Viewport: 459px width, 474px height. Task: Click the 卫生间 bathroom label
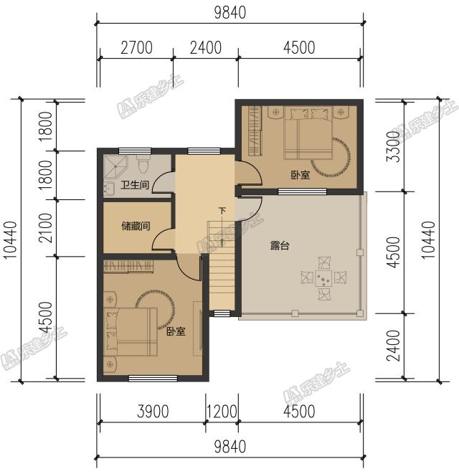coord(135,184)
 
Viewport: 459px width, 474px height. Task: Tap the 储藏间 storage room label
coord(136,226)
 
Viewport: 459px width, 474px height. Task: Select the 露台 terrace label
coord(280,245)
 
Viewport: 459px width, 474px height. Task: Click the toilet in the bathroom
coord(143,164)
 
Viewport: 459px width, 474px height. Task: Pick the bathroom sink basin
coord(109,189)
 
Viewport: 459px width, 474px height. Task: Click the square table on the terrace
coord(323,278)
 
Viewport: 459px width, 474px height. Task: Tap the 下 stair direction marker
coord(222,210)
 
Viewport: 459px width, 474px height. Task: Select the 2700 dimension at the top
coord(136,48)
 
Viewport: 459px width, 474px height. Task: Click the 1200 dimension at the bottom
coord(222,412)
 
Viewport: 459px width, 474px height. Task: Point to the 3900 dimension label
coord(153,412)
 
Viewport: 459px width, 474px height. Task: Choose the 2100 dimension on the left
coord(46,228)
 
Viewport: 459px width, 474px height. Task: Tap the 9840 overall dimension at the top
coord(230,13)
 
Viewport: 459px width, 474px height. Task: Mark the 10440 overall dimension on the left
coord(10,240)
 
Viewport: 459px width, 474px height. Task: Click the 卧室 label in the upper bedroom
coord(301,175)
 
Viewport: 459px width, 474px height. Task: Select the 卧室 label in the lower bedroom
coord(176,331)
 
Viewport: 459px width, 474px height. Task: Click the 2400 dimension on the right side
coord(394,346)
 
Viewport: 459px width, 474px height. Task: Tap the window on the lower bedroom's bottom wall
coord(153,379)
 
